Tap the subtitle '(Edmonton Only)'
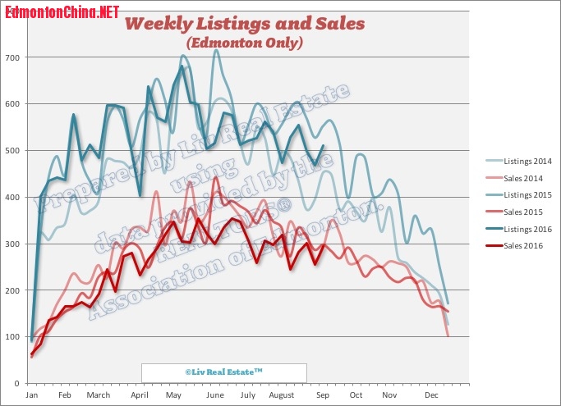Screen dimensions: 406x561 (244, 42)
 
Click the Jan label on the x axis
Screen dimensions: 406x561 (32, 395)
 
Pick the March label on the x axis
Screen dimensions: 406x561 (98, 395)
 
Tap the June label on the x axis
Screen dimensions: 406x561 (216, 395)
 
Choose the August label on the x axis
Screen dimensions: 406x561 (281, 395)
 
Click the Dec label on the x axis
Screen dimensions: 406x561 (430, 395)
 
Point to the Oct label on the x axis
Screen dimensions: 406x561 (356, 395)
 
